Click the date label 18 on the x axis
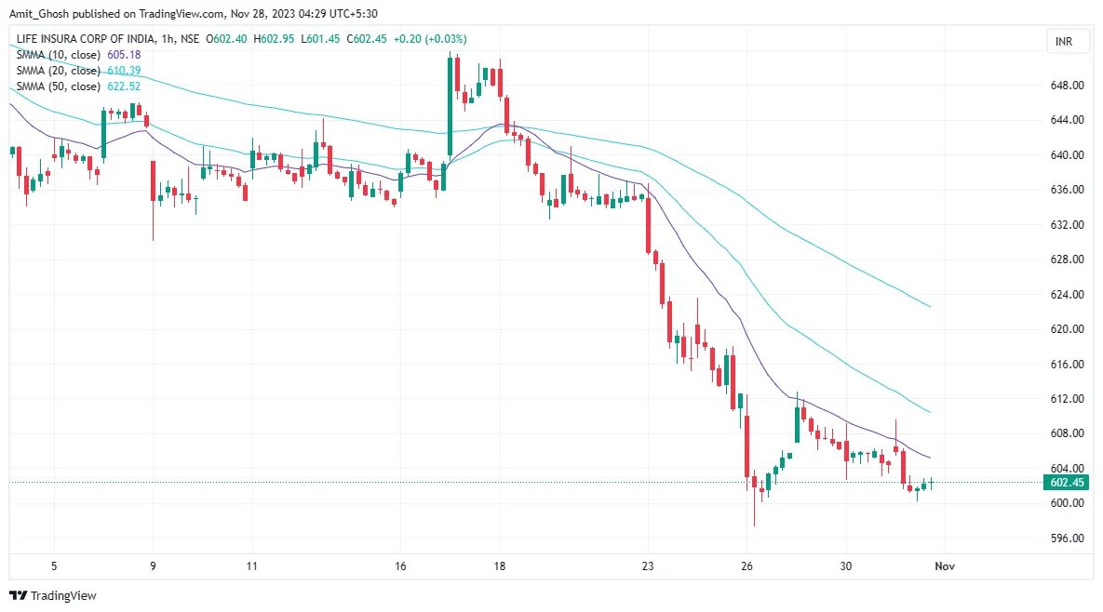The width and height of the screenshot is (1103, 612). [500, 565]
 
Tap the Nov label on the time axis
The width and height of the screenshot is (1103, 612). [945, 565]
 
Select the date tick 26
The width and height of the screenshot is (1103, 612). [747, 565]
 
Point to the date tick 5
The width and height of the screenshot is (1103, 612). [54, 565]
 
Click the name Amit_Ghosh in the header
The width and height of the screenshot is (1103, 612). [39, 14]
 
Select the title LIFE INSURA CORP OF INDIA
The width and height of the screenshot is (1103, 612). [79, 39]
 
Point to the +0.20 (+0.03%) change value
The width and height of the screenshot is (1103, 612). [430, 39]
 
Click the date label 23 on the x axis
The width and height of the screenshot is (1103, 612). [649, 565]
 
